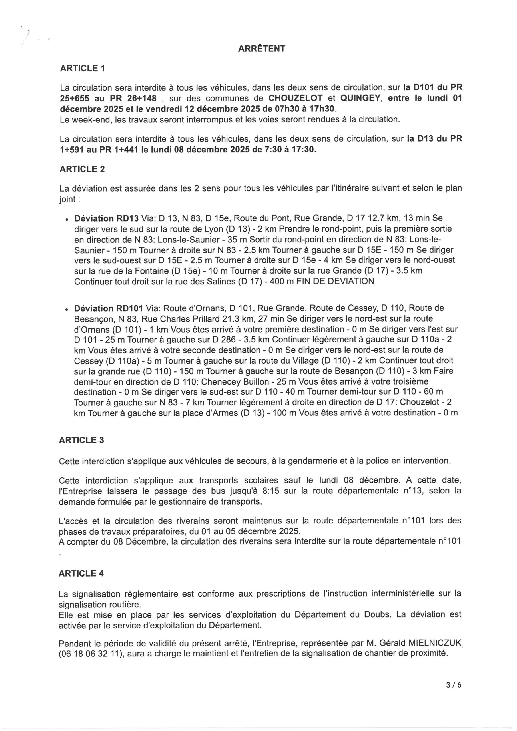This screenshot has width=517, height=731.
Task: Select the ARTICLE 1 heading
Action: coord(82,68)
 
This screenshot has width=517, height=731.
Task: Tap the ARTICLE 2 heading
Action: coord(82,169)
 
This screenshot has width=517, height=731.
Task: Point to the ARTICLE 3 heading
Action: coord(81,440)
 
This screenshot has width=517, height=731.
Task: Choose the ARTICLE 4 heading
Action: coord(81,573)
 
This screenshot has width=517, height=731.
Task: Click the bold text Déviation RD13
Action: coord(106,218)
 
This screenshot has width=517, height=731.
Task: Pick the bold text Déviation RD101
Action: coord(109,308)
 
